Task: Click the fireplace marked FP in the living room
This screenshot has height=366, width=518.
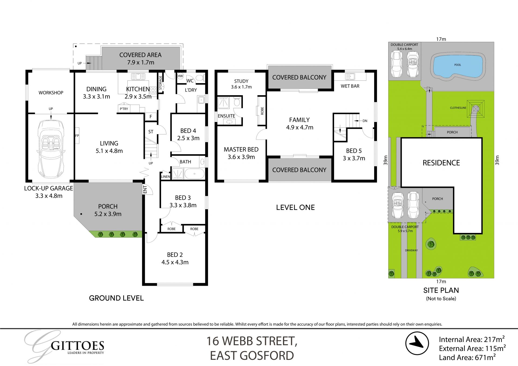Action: (x=77, y=135)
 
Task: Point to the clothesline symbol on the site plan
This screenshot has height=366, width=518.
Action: (x=476, y=109)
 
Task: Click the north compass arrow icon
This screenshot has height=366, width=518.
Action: (x=417, y=343)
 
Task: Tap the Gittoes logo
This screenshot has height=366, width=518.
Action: (x=65, y=347)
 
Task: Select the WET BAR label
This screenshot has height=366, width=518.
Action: (x=350, y=86)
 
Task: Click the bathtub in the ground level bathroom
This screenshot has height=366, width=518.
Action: (x=195, y=174)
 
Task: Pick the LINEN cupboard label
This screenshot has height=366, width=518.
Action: (x=165, y=177)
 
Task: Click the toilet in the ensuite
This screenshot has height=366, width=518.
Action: (x=237, y=102)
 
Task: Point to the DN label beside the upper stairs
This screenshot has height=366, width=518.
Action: (x=365, y=121)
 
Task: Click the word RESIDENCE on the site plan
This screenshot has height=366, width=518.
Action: (x=441, y=163)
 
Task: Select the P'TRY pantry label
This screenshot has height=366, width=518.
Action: (x=124, y=109)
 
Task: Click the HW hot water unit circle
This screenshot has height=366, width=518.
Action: (x=180, y=76)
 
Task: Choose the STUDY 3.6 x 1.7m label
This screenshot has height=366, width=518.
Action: (x=241, y=84)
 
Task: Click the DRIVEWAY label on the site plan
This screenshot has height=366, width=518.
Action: (x=411, y=250)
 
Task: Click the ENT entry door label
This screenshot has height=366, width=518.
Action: (x=145, y=189)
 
